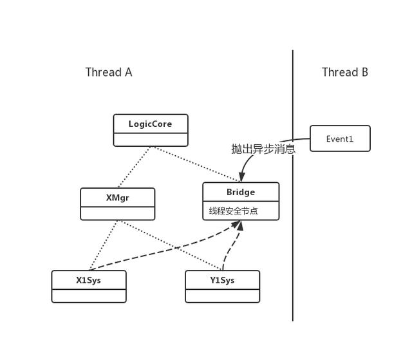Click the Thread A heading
(109, 72)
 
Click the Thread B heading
(345, 72)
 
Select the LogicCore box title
(150, 124)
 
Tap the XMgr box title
(117, 198)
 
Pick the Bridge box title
(241, 192)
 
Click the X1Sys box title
(89, 280)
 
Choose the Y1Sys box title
(222, 280)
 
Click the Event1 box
(340, 138)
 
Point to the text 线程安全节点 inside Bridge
(233, 211)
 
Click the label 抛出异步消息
(263, 149)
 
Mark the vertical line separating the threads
(293, 185)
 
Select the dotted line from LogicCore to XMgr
(135, 167)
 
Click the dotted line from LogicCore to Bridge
(196, 164)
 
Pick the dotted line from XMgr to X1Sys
(103, 245)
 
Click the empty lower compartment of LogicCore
(151, 140)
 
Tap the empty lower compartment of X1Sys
(89, 296)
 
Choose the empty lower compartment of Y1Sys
(223, 296)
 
